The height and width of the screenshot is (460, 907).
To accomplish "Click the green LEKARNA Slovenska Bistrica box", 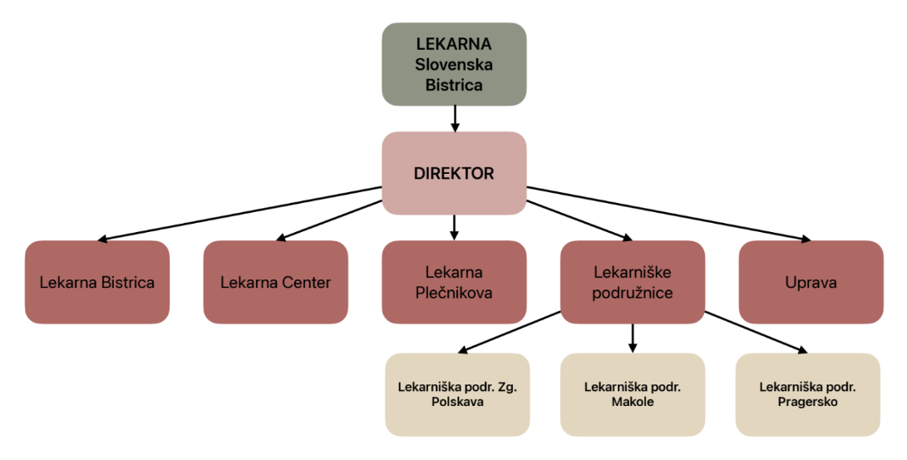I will (x=454, y=64).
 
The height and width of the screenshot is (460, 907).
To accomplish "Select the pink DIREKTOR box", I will (x=454, y=173).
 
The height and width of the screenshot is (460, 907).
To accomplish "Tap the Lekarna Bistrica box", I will (x=97, y=282).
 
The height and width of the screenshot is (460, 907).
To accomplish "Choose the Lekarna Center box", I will (x=275, y=282).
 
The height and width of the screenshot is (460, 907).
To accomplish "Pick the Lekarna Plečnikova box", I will (x=454, y=282).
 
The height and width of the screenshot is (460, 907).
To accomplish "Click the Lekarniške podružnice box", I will (x=633, y=282).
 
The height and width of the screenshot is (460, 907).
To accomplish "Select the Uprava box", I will (x=811, y=282).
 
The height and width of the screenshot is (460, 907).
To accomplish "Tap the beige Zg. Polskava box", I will (x=457, y=394).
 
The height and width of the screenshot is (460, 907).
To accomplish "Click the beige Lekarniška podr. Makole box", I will (x=632, y=394).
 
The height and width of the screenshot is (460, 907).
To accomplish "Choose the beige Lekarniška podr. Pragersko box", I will (x=807, y=394).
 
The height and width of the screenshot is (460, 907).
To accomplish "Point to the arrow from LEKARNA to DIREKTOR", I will (x=455, y=118).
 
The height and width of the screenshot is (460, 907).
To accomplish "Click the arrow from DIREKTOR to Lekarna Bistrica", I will (x=241, y=214).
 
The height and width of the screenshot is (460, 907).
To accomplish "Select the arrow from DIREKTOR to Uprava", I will (x=665, y=214).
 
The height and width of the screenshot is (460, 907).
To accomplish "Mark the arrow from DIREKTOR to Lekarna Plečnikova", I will (x=455, y=227).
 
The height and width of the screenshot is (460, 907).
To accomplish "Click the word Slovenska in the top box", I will (x=454, y=64).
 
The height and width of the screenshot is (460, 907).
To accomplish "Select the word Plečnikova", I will (x=454, y=292).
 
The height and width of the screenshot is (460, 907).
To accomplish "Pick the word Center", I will (x=307, y=283).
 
